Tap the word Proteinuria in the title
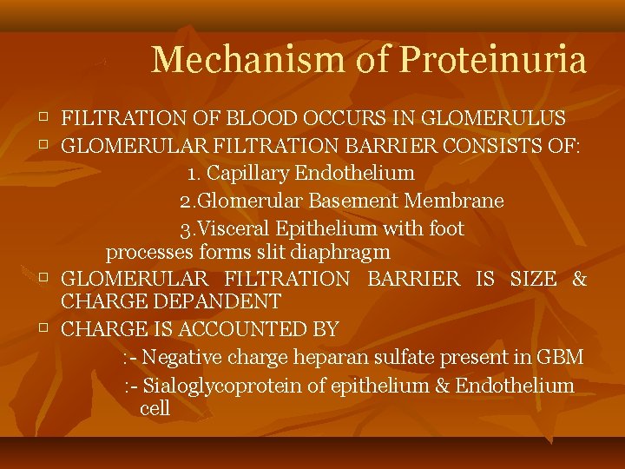[x=493, y=60]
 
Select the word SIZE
[x=534, y=279]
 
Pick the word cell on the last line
[x=155, y=408]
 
